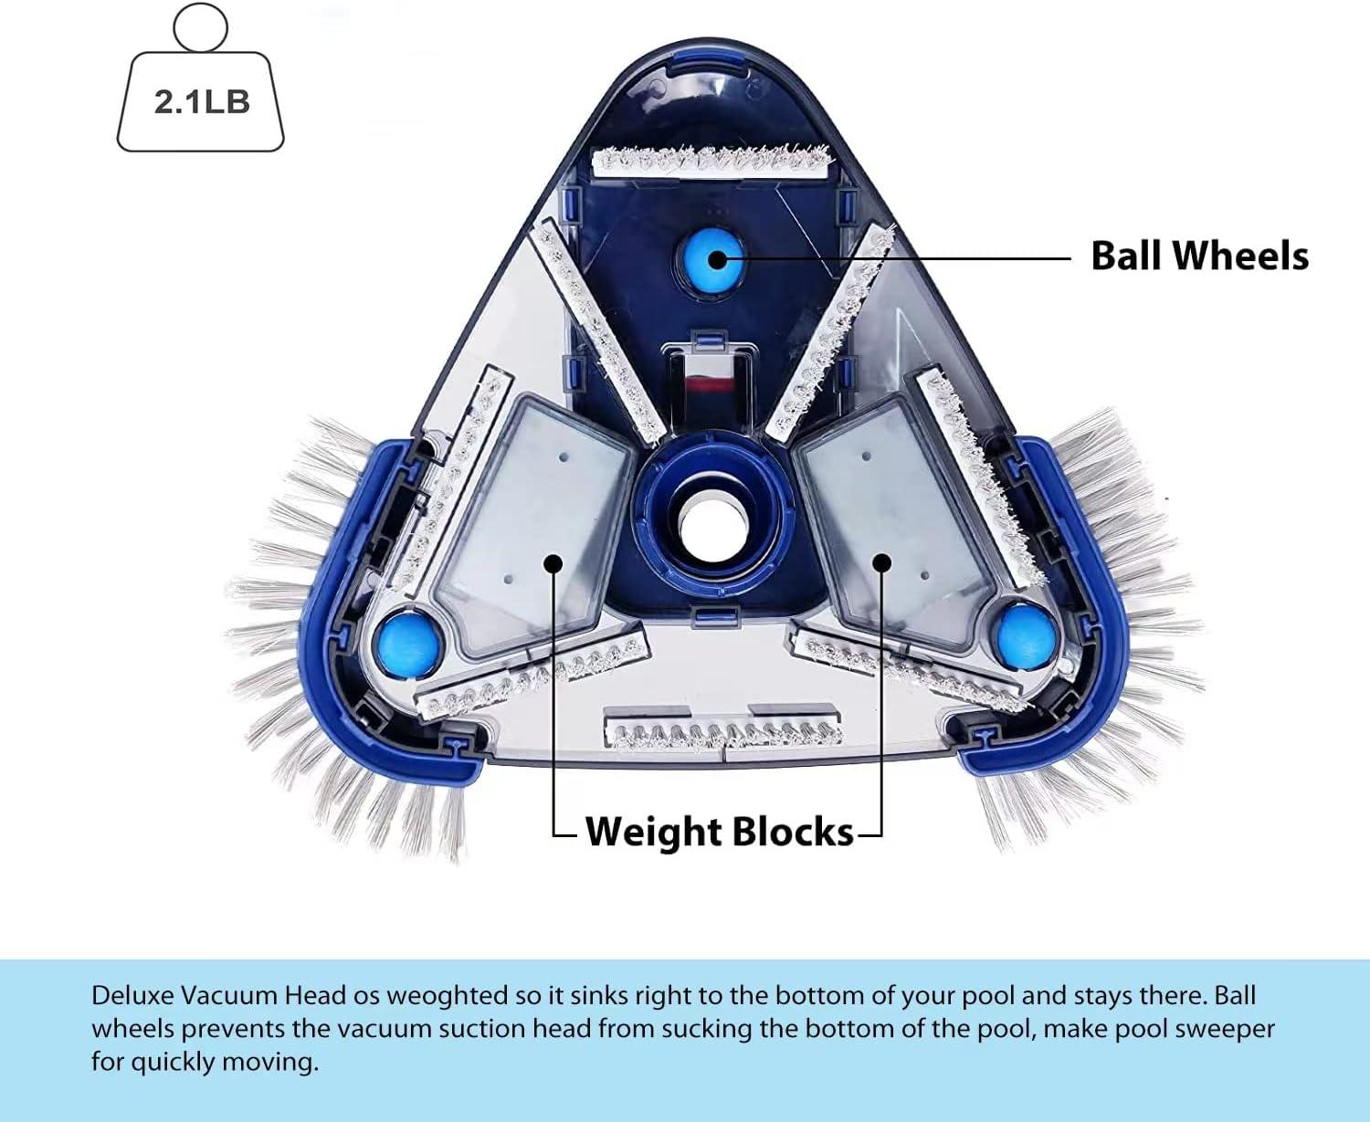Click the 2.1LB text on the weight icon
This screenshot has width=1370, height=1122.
(201, 101)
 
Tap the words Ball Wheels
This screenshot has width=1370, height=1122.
(1199, 256)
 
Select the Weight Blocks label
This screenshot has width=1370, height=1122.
(719, 832)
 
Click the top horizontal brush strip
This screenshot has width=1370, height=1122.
(712, 162)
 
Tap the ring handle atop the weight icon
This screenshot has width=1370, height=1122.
(200, 27)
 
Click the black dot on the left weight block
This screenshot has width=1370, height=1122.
(552, 562)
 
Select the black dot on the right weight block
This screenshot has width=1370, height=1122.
(881, 561)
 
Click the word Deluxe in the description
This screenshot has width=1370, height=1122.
(132, 995)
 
